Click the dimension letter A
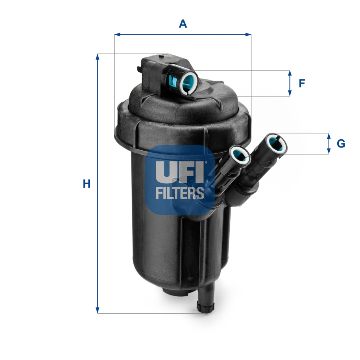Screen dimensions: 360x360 pyautogui.click(x=183, y=24)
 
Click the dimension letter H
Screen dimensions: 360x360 pyautogui.click(x=87, y=184)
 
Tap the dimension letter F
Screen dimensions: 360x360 pyautogui.click(x=302, y=83)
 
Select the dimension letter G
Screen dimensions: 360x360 pyautogui.click(x=341, y=144)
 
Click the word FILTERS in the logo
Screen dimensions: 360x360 pyautogui.click(x=180, y=193)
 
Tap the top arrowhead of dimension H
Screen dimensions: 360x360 pyautogui.click(x=98, y=57)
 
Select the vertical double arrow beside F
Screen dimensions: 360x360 pyautogui.click(x=290, y=83)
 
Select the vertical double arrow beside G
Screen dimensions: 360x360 pyautogui.click(x=329, y=144)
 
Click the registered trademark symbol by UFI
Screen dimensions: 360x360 pyautogui.click(x=205, y=161)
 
